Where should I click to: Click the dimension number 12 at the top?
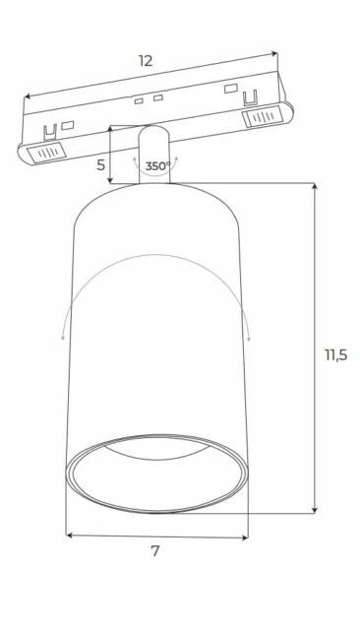pos(146,61)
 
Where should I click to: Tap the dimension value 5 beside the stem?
pos(100,165)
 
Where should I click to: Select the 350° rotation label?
pos(157,166)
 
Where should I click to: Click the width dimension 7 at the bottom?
pos(154,552)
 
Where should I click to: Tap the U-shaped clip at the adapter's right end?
pos(251,96)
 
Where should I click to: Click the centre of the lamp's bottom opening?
pos(157,472)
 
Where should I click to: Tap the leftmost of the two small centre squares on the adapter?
pos(140,101)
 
